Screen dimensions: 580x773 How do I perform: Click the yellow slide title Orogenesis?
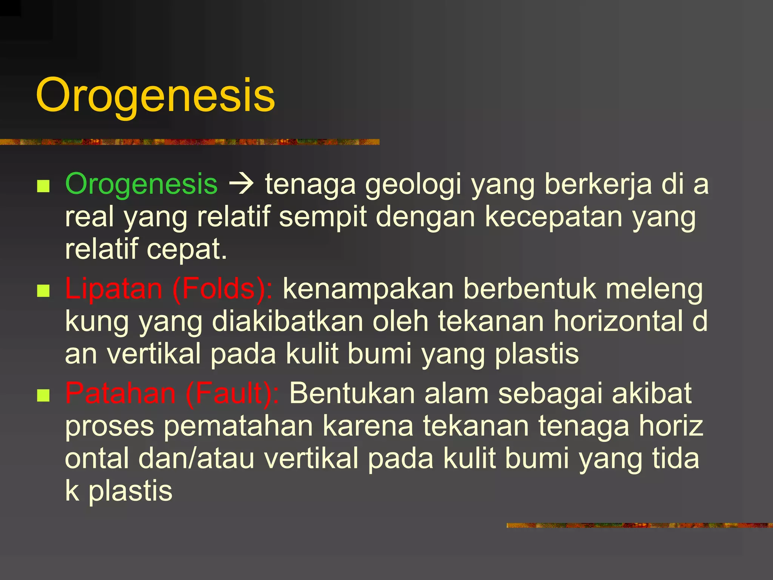[155, 95]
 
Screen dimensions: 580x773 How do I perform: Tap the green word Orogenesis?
[141, 184]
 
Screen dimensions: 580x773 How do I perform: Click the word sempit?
[323, 217]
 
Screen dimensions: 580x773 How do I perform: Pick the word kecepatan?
[553, 217]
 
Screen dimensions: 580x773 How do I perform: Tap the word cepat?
[186, 249]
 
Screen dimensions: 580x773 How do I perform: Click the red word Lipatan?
[114, 289]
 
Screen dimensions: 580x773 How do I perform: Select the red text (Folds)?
[222, 289]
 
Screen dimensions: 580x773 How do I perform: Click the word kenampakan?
[368, 289]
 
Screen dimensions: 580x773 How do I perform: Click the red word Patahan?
[120, 393]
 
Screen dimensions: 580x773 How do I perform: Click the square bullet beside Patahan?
[44, 395]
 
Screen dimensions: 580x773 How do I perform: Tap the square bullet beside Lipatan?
[44, 291]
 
